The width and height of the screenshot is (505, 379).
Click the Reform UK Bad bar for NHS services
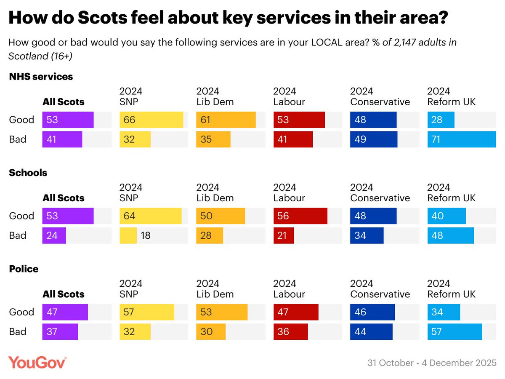pos(462,139)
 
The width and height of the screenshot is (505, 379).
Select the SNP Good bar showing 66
pos(151,120)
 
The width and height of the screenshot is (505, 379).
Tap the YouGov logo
pos(37,362)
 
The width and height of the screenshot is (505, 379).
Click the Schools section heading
pos(28,173)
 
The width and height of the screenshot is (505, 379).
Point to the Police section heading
pos(24,269)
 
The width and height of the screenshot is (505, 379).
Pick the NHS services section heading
pos(41,77)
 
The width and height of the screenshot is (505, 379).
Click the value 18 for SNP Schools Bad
pos(145,235)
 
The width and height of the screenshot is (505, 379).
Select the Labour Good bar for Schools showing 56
pos(300,216)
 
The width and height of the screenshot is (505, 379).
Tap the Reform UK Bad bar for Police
pos(454,332)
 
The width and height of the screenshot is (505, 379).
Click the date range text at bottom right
pos(432,363)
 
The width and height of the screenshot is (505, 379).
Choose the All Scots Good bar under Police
pos(65,312)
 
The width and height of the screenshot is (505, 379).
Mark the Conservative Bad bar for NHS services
pos(374,139)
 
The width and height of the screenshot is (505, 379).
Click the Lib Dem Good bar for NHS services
pos(226,120)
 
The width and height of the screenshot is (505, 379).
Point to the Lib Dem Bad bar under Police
pos(211,332)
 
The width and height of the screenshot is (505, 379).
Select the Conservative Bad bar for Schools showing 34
pos(367,235)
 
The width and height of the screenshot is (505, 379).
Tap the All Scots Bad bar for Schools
pos(54,235)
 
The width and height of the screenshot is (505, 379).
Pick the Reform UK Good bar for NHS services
pos(441,120)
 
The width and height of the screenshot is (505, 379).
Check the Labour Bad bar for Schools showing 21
pos(284,235)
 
